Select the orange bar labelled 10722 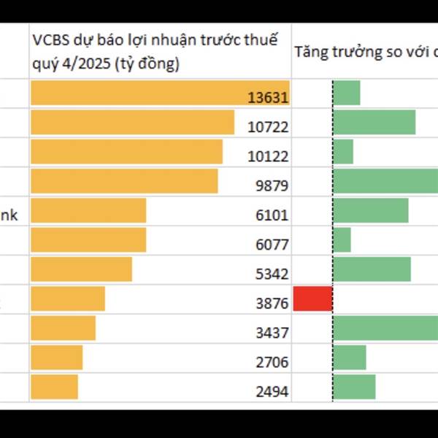click(132, 123)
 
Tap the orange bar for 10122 click(126, 152)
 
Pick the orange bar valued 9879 click(124, 181)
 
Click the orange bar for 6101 click(88, 210)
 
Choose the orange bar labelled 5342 click(81, 269)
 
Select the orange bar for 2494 click(54, 387)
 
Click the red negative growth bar click(312, 299)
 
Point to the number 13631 click(269, 98)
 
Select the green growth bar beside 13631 click(347, 93)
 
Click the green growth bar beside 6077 click(342, 240)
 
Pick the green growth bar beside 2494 click(354, 387)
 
